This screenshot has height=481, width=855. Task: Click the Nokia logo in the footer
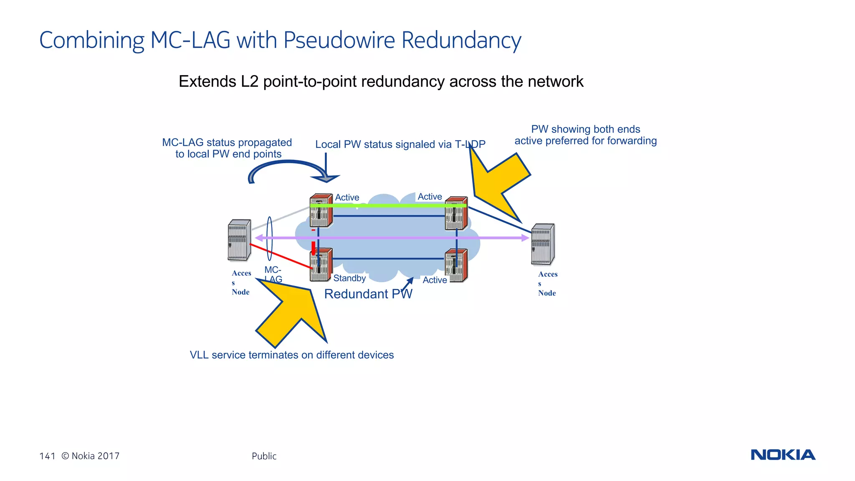click(783, 455)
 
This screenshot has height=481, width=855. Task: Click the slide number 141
click(47, 456)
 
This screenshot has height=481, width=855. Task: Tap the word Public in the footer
click(264, 456)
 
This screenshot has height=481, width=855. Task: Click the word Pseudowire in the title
click(339, 41)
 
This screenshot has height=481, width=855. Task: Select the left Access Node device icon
click(239, 240)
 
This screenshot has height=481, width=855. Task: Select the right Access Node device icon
click(542, 245)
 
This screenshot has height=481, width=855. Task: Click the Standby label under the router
click(349, 278)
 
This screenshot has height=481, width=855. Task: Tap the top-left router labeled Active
click(321, 211)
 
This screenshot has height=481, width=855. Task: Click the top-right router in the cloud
click(456, 213)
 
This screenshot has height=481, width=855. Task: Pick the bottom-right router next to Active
click(456, 266)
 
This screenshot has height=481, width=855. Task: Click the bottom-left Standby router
click(321, 265)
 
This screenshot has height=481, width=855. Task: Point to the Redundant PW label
click(368, 294)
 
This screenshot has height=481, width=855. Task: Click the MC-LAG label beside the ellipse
click(273, 274)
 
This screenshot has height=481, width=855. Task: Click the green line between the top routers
click(388, 205)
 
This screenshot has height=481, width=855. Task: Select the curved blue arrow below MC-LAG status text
click(288, 169)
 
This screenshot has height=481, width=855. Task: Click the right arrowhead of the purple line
click(525, 238)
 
